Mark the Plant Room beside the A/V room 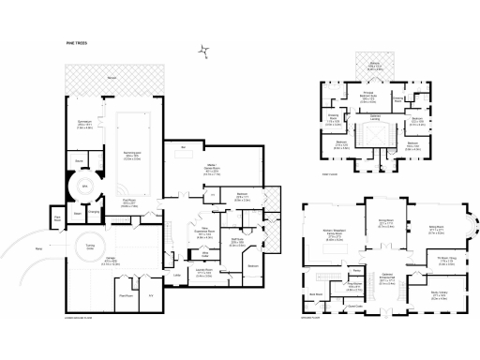[124, 294]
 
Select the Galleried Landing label [374, 118]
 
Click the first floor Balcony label [375, 66]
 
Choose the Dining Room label [385, 223]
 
